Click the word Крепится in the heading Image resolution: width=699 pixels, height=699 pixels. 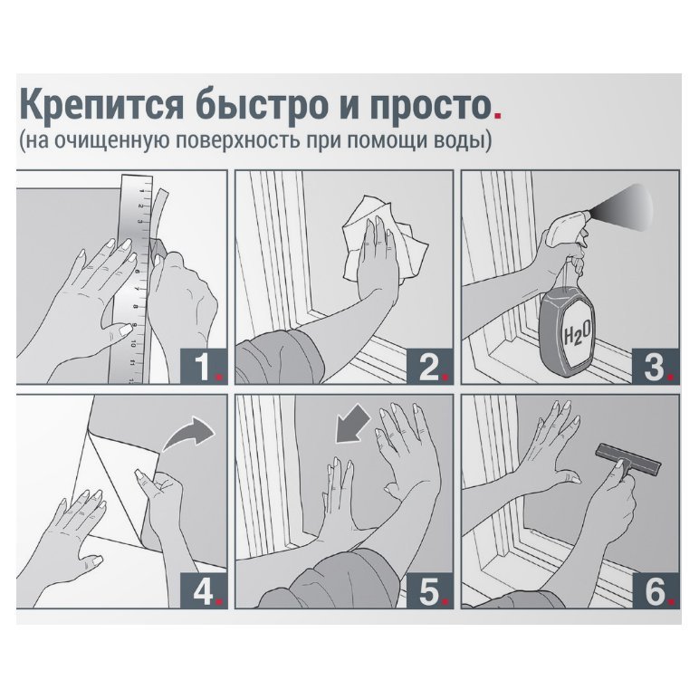pyautogui.click(x=101, y=105)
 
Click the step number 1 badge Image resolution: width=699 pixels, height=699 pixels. pyautogui.click(x=204, y=367)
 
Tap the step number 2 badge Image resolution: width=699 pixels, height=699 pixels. pyautogui.click(x=430, y=367)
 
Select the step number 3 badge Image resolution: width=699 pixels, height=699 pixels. pyautogui.click(x=656, y=367)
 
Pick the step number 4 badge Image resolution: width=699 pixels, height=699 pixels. pyautogui.click(x=204, y=591)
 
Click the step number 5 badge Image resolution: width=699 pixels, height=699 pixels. pyautogui.click(x=430, y=591)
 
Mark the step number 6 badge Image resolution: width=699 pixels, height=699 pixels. pyautogui.click(x=656, y=591)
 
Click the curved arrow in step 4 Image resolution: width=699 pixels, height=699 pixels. pyautogui.click(x=188, y=433)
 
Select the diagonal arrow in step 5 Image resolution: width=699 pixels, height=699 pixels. pyautogui.click(x=352, y=426)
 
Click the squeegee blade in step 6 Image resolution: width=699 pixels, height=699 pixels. pyautogui.click(x=627, y=459)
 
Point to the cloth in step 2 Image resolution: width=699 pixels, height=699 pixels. pyautogui.click(x=384, y=241)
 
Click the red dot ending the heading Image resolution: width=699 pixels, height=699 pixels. pyautogui.click(x=497, y=116)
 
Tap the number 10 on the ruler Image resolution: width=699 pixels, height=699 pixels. pyautogui.click(x=133, y=345)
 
